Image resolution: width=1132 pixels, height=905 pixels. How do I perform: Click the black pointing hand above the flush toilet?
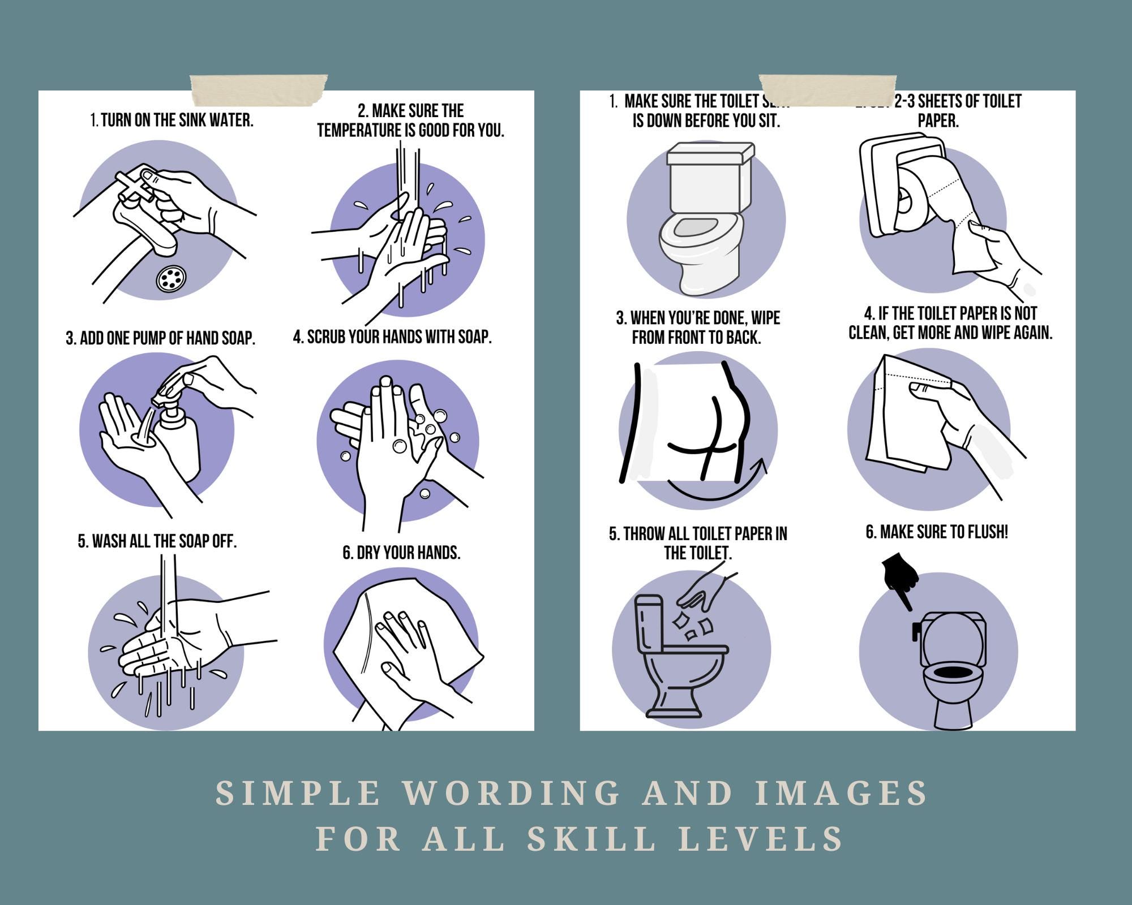[x=900, y=577]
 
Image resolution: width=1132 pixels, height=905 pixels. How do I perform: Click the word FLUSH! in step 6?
[x=988, y=532]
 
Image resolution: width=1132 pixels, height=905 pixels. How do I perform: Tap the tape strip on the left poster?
[x=259, y=90]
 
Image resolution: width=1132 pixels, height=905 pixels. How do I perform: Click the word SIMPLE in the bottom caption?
[x=298, y=793]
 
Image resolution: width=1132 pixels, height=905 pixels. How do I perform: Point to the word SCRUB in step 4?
[x=327, y=337]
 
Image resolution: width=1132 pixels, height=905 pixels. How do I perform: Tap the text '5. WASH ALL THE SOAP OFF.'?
[x=157, y=541]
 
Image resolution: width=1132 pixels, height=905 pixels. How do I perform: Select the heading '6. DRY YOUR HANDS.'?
[x=401, y=553]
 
